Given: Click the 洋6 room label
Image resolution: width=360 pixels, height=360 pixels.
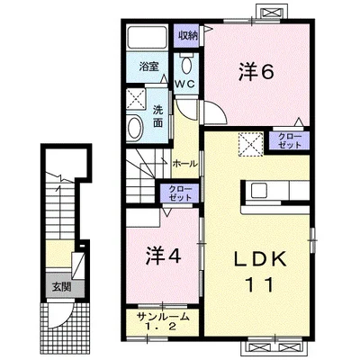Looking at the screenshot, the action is (x=256, y=72).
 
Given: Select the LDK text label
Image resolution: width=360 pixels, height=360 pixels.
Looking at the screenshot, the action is (x=260, y=260).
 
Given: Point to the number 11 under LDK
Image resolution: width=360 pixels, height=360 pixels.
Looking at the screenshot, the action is (x=260, y=284).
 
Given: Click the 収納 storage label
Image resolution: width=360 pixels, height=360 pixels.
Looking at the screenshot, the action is (x=188, y=36).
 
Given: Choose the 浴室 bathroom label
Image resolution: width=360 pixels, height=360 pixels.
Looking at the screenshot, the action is (x=148, y=67).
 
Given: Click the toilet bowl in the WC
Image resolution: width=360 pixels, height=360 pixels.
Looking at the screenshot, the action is (x=186, y=64).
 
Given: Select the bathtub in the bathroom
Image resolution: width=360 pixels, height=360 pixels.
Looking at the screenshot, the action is (x=147, y=37).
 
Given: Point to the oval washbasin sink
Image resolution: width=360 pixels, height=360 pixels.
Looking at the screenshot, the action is (x=134, y=128).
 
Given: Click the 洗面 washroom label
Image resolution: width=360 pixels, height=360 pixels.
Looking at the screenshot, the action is (x=157, y=116).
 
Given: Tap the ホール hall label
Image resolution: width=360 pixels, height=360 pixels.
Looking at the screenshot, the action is (x=185, y=164).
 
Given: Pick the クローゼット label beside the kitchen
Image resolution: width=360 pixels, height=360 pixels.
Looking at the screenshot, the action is (x=290, y=140).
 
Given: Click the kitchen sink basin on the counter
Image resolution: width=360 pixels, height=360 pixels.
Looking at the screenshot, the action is (x=260, y=190).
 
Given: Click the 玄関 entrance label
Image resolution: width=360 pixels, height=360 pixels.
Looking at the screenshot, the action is (x=62, y=287).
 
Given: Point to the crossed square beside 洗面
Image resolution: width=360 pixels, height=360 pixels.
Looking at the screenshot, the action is (x=136, y=98).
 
